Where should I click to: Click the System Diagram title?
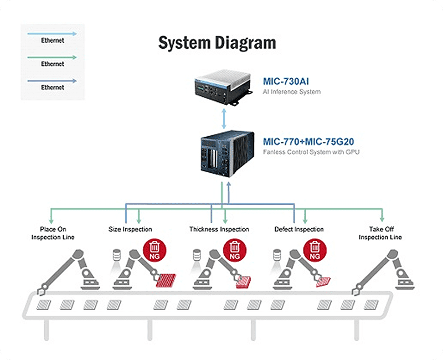(x=217, y=43)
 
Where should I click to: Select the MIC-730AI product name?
(x=286, y=81)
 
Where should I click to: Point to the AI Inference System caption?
(x=291, y=91)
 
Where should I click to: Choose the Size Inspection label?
(x=130, y=229)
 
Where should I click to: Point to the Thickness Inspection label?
(x=219, y=229)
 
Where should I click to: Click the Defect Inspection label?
(x=299, y=229)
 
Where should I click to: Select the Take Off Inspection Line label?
(x=380, y=233)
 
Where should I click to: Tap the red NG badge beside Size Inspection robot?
(x=154, y=250)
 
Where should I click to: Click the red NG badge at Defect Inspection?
(x=315, y=250)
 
